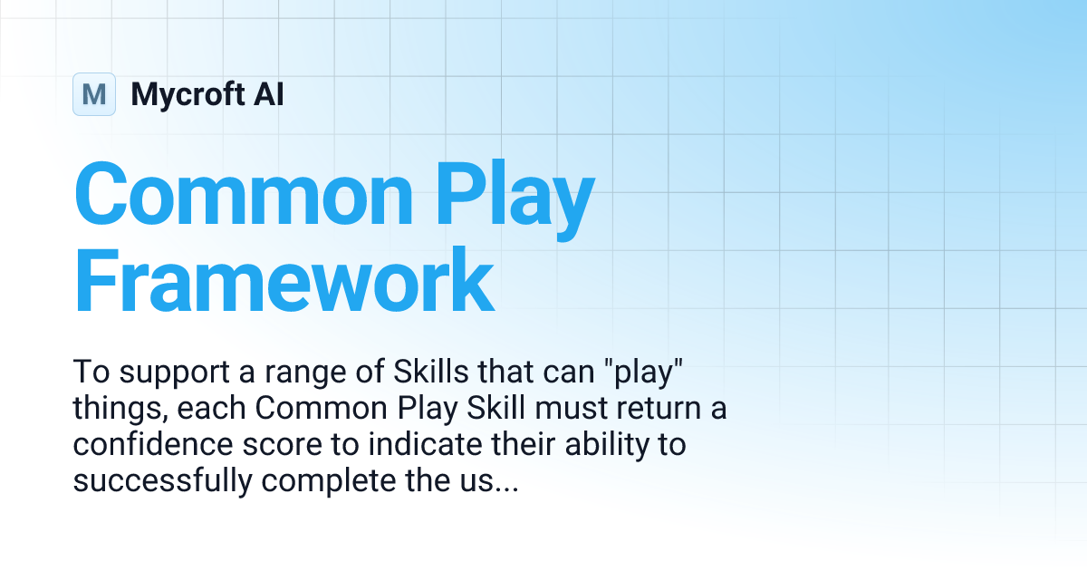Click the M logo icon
coord(94,94)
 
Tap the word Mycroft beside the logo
coord(188,95)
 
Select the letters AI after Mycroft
coord(269,93)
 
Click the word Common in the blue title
coord(244,194)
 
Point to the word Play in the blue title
coord(515,199)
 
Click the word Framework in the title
coord(284,280)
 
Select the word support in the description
coord(175,373)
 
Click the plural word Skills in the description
coord(431,372)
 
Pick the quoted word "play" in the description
coord(644,373)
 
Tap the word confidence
coord(153,444)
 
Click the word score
coord(283,446)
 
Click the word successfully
coord(162,480)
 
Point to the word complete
coord(329,481)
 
